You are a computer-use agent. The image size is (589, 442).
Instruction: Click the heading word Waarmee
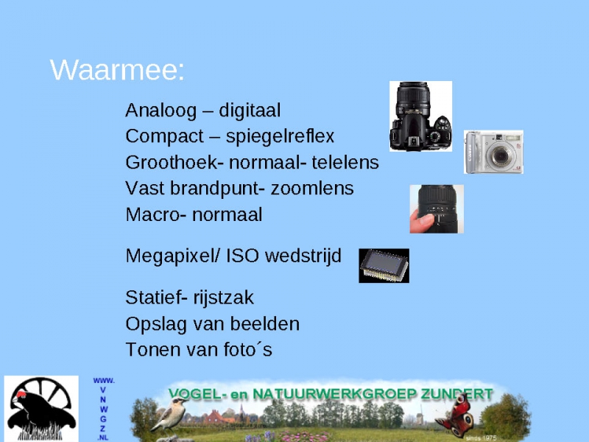(x=117, y=69)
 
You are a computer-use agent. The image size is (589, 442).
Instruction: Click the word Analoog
(x=161, y=110)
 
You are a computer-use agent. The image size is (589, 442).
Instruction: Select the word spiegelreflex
(x=280, y=136)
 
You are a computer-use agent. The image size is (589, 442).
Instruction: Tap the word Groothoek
(x=174, y=162)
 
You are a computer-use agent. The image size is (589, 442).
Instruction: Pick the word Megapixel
(x=172, y=256)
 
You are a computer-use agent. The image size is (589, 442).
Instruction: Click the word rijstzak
(x=224, y=298)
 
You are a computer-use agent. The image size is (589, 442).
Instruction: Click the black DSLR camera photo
(x=420, y=116)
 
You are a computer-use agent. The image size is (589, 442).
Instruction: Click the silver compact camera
(x=493, y=152)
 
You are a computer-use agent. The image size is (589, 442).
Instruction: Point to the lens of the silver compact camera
(x=501, y=155)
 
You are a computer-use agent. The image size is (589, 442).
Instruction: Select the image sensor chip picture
(x=384, y=266)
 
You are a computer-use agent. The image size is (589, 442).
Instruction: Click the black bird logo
(x=41, y=409)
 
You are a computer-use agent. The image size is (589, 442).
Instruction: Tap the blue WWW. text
(x=104, y=381)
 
